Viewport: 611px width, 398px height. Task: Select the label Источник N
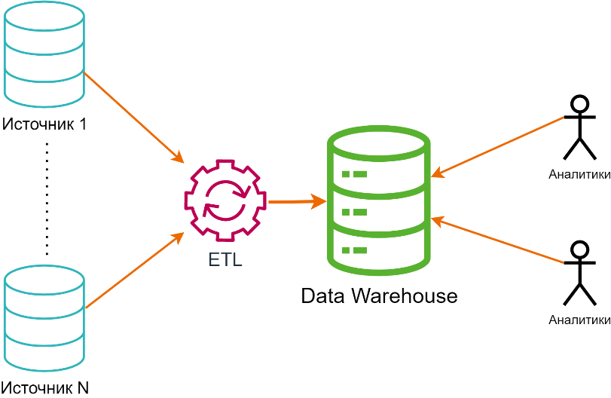coord(45,388)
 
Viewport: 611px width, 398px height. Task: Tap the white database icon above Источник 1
coord(44,54)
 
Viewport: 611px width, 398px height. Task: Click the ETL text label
coord(225,261)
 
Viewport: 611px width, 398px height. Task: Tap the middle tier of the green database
coord(379,212)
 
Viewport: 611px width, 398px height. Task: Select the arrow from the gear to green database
coord(297,202)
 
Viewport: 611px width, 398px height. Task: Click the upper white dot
coord(579,105)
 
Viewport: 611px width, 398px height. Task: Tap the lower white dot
coord(579,250)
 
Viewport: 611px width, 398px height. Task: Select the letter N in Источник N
coord(83,388)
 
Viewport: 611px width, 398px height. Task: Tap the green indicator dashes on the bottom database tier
coord(354,250)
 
